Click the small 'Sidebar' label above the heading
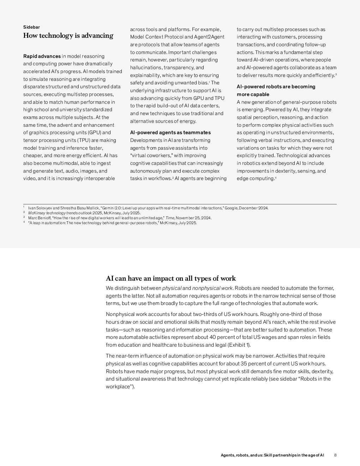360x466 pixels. (31, 27)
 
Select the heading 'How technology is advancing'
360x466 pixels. (68, 36)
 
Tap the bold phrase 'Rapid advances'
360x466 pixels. (42, 56)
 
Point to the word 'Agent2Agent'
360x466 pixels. (209, 37)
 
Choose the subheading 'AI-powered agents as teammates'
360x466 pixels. (170, 132)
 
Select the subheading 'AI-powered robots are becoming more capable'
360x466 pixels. (276, 90)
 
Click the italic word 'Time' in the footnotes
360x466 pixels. (170, 218)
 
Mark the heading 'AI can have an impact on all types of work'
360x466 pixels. (171, 279)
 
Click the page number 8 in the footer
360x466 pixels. (335, 455)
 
